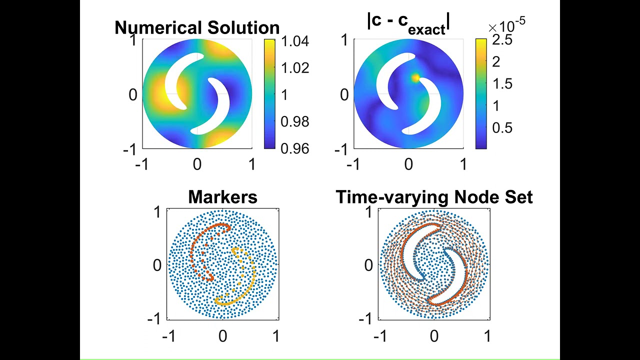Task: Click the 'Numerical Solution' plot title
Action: point(197,27)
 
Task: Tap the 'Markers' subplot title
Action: point(222,197)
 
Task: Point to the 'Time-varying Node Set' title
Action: point(434,197)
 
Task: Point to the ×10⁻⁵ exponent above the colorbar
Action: point(506,24)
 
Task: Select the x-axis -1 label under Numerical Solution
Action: point(142,164)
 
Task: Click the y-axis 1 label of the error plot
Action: point(344,40)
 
